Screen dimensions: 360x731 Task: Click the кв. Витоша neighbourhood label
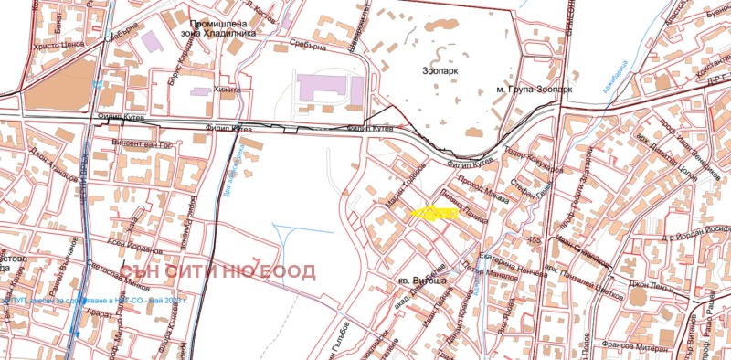click(422, 281)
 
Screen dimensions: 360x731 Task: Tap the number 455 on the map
click(534, 239)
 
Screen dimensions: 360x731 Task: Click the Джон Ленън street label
click(651, 286)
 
